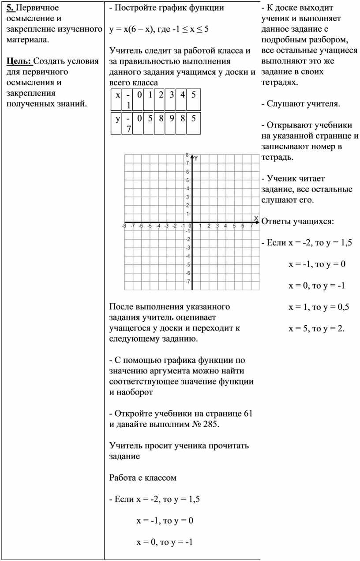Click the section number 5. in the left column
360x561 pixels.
(10, 8)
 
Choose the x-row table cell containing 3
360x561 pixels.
(170, 94)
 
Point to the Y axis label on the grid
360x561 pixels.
(196, 158)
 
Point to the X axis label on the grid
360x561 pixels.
(256, 218)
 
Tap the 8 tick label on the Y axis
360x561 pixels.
(187, 155)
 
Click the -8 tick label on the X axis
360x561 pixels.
(124, 226)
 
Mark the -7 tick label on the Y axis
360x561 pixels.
(187, 281)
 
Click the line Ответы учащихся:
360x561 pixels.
(298, 221)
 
